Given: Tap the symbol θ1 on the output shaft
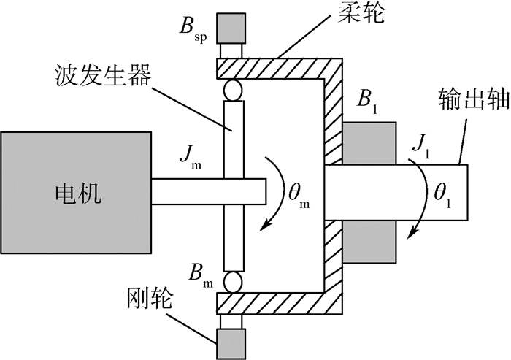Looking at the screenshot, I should point(441,193).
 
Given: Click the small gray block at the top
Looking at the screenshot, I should point(232,27).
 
